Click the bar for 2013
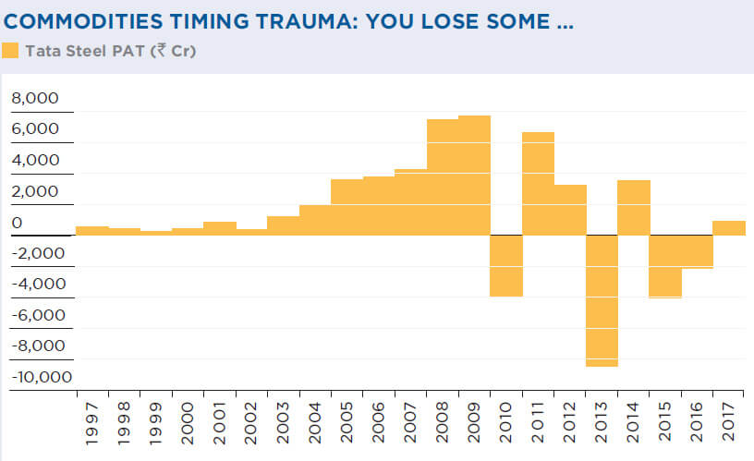(602, 300)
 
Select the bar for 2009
(474, 176)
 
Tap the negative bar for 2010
(506, 265)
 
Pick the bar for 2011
(538, 184)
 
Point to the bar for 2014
(634, 208)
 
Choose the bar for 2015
(665, 266)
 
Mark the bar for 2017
(729, 228)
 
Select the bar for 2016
(698, 251)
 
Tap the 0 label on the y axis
(16, 223)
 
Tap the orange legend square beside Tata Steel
(10, 51)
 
